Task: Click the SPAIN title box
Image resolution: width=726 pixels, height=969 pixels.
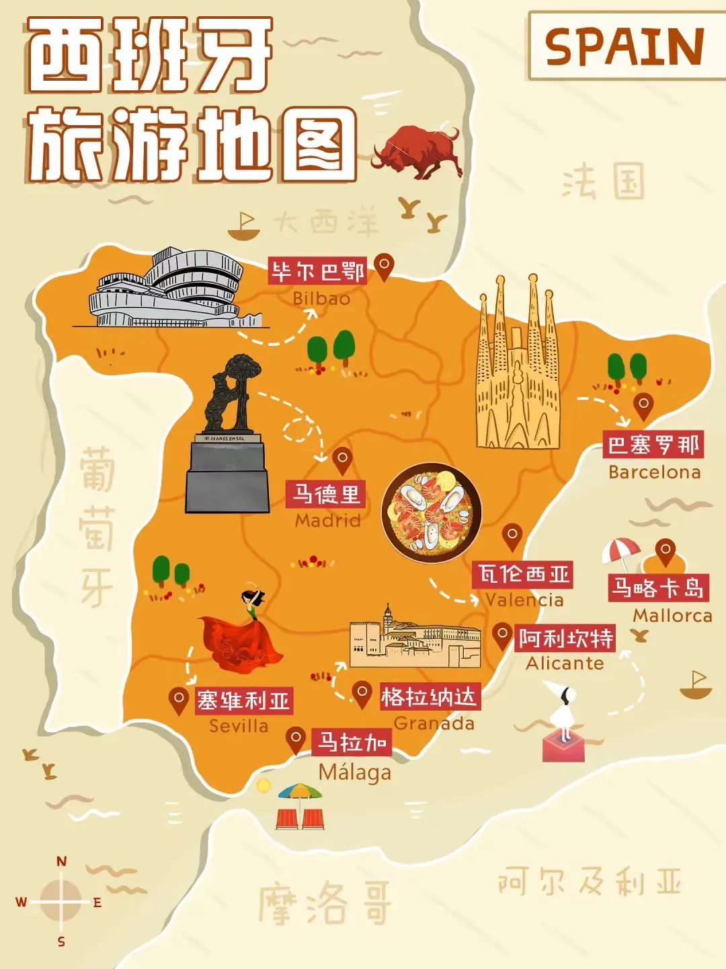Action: [625, 46]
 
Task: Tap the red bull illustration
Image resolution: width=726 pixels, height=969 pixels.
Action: [417, 151]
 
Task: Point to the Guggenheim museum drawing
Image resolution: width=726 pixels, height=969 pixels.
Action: [168, 291]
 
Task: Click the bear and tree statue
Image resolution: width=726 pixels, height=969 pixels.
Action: [228, 437]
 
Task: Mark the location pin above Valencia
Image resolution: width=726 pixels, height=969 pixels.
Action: [512, 536]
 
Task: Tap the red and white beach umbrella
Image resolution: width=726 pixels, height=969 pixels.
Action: [620, 553]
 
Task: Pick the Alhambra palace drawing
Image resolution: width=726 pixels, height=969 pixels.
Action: [415, 639]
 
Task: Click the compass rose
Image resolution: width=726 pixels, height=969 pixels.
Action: [61, 901]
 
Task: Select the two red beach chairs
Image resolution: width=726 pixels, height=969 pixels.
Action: [300, 818]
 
